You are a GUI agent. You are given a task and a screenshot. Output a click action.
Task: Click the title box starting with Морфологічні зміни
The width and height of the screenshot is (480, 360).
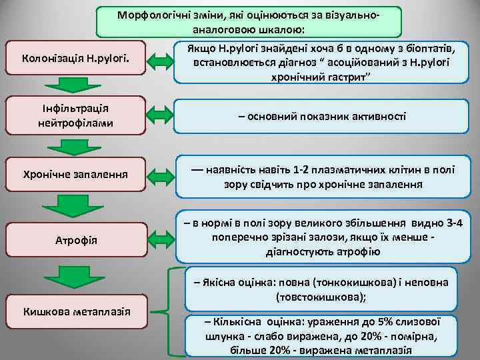[249, 23]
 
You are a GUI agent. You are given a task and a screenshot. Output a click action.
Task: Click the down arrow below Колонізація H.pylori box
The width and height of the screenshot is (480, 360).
[65, 85]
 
